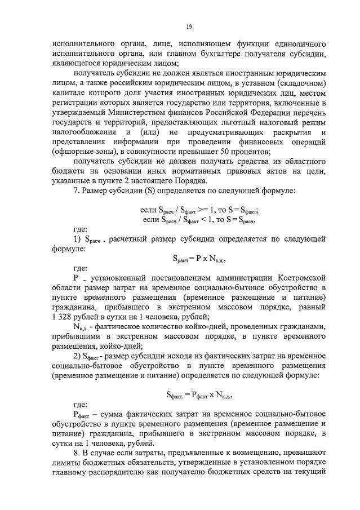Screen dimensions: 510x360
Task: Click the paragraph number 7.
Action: pyautogui.click(x=77, y=190)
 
